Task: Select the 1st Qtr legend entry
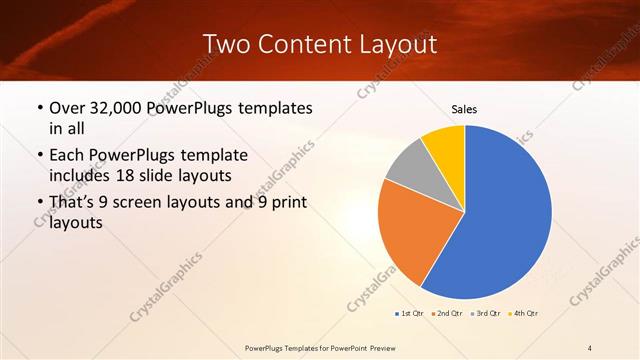click(409, 314)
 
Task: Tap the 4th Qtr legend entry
click(525, 314)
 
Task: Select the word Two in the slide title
click(226, 44)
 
